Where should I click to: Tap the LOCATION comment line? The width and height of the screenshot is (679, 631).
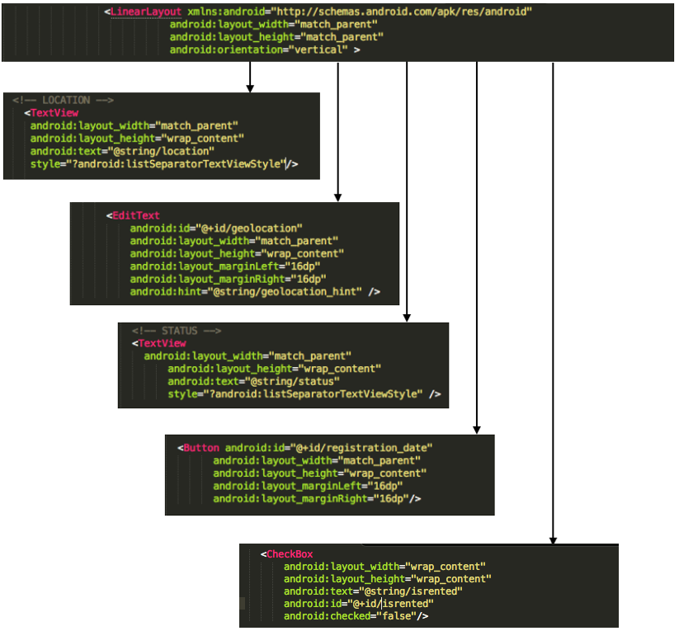[63, 101]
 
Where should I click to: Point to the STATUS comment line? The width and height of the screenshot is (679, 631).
[176, 331]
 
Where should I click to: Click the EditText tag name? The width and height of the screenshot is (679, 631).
[136, 215]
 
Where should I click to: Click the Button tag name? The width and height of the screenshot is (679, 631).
[201, 448]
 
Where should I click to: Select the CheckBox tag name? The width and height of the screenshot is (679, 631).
[290, 554]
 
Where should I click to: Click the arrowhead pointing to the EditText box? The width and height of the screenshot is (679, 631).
[337, 196]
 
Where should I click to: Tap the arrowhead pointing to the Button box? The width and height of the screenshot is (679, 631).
[477, 429]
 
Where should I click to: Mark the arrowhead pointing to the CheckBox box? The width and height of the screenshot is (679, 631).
[553, 539]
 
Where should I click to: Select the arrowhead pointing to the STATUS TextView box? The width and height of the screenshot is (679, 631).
[407, 317]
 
